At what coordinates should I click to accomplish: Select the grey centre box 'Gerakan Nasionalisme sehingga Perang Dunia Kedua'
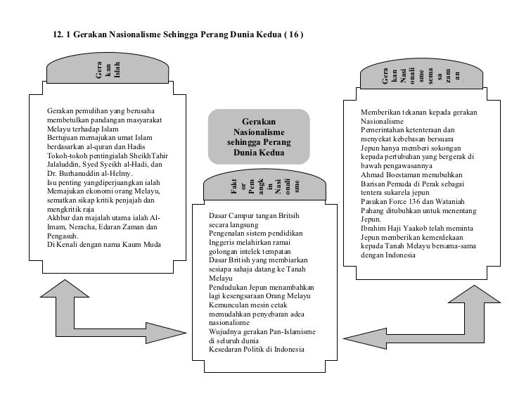[x=258, y=136]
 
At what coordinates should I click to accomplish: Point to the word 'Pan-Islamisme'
[x=291, y=331]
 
